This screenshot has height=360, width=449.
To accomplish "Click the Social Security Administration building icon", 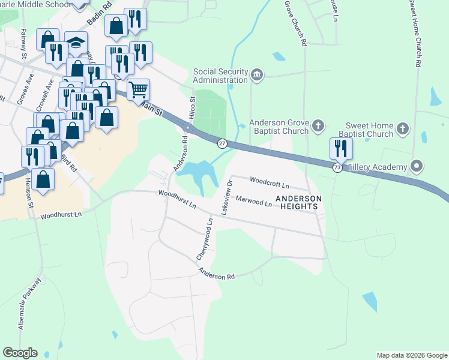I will [257, 74].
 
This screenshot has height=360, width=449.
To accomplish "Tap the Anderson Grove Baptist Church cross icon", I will [318, 126].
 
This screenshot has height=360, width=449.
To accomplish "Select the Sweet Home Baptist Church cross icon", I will [403, 128].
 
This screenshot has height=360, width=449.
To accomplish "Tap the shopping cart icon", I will [138, 91].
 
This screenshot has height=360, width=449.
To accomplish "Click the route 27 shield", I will [221, 143].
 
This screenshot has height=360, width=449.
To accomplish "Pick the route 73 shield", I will [337, 168].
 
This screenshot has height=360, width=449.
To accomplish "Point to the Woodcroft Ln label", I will [270, 181].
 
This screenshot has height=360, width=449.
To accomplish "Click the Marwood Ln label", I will [254, 202].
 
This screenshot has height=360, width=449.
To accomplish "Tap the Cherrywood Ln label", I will [204, 239].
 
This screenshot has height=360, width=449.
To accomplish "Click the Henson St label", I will [29, 193].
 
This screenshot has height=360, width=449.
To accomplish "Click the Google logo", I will [20, 353].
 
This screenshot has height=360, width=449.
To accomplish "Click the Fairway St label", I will [24, 46].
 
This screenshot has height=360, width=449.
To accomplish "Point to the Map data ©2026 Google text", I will [412, 355].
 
